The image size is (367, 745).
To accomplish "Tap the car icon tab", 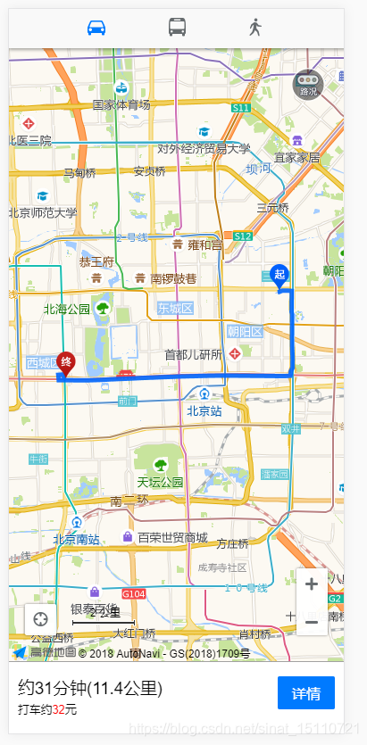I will point(96,27).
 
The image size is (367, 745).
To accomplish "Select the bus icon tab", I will point(177,27).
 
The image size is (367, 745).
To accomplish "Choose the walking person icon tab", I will point(256,27).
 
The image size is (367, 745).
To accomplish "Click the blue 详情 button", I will point(305,692).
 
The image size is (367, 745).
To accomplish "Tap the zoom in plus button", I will point(311,584).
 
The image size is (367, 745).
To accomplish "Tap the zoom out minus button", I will point(311,620).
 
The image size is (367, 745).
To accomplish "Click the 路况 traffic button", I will point(308,85).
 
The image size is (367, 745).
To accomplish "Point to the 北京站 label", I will point(204,411).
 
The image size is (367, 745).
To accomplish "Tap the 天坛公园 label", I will point(160,482).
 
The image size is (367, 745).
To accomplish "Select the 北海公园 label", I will point(67,309).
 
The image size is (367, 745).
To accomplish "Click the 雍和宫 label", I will point(204,244).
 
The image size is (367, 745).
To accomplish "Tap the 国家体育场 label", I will point(121,104).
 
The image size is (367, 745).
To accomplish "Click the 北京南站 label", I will point(76,538).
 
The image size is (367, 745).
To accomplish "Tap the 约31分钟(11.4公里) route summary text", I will point(89,688).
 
